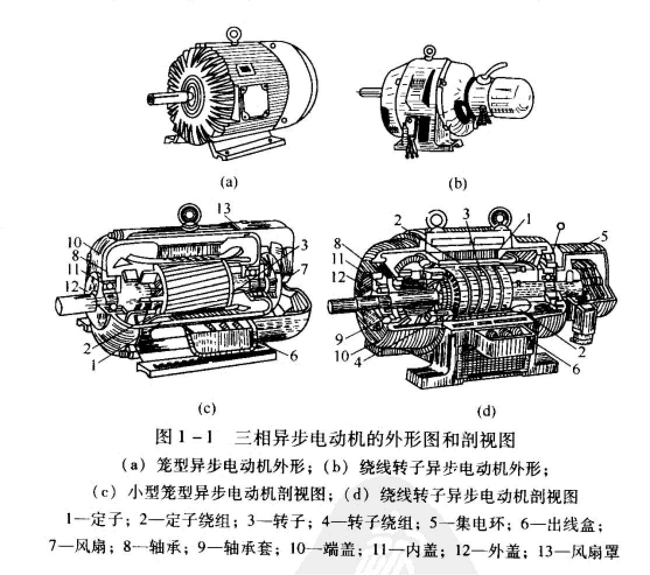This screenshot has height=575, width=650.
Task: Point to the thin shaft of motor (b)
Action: [367, 91]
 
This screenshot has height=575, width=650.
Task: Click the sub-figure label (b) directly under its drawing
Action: [457, 183]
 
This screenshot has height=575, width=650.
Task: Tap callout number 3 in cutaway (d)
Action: [466, 213]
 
